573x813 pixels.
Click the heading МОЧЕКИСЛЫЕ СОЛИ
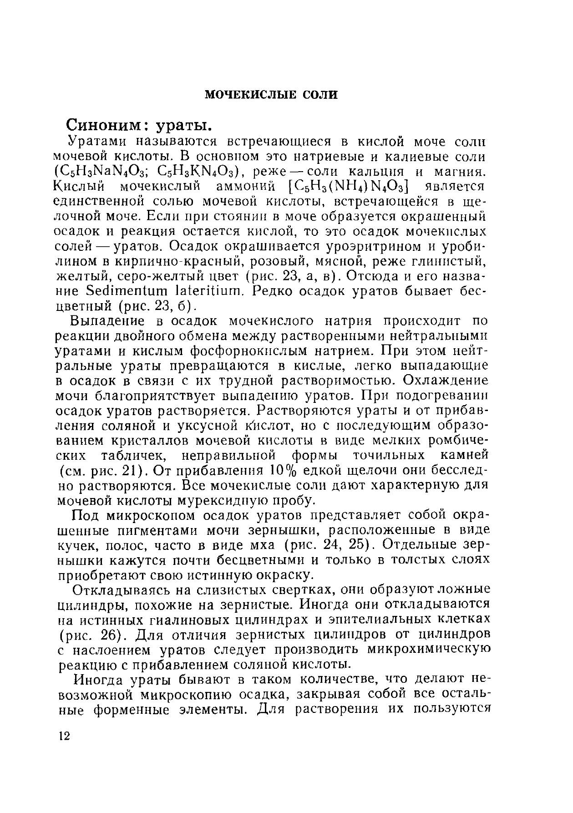[271, 95]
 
